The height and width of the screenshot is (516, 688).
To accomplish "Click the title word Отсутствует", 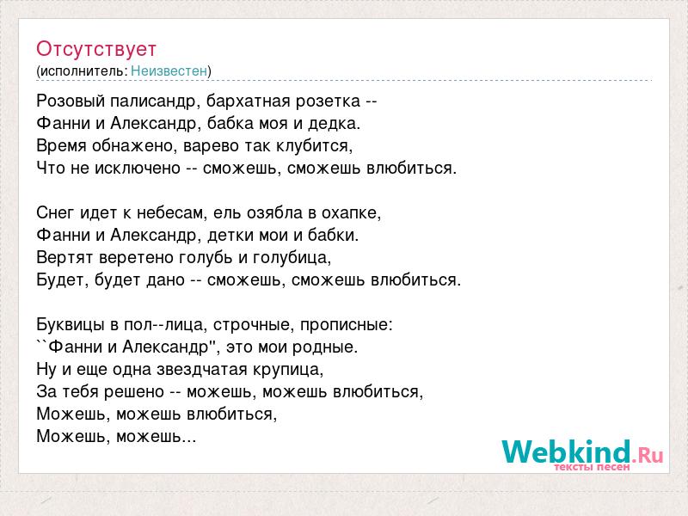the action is click(x=96, y=49).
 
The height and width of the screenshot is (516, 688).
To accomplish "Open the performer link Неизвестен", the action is click(x=169, y=71).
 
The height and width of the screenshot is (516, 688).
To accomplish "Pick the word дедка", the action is click(x=334, y=123).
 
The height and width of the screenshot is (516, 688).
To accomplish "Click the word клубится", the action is click(x=314, y=145).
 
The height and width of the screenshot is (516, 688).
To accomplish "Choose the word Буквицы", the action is click(x=71, y=325).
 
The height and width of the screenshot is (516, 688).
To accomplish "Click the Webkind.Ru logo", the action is click(x=582, y=452).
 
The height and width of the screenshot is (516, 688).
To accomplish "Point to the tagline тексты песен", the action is click(x=592, y=467).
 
